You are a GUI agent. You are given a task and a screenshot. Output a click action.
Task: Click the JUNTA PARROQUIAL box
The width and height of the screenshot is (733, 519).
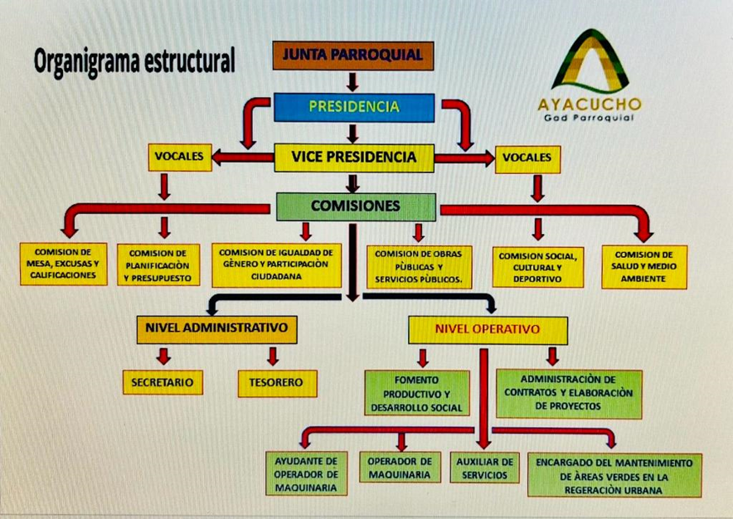point(352,56)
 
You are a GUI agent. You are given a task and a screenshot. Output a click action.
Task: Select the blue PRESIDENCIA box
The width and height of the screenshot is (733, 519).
point(354,106)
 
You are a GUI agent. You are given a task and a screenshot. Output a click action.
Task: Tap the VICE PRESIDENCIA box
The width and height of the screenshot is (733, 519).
point(354,157)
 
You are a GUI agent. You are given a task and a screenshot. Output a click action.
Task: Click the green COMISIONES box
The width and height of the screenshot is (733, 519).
point(355,206)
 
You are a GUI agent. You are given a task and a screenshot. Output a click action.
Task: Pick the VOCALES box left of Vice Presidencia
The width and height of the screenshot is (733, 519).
point(179,157)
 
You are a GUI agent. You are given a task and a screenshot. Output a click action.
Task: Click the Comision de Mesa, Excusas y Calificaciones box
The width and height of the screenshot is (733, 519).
point(64,264)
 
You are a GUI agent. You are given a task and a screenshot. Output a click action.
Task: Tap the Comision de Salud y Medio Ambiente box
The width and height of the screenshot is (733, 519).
point(643,266)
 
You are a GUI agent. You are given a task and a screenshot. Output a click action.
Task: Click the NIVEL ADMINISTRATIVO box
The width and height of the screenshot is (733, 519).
point(216,327)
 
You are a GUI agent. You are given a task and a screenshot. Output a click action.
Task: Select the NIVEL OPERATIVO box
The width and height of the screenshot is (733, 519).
point(488,329)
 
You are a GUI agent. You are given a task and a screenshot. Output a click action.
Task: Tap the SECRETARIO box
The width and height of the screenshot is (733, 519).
point(163,382)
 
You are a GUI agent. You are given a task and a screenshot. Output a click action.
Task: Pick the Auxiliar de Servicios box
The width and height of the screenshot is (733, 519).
point(484,468)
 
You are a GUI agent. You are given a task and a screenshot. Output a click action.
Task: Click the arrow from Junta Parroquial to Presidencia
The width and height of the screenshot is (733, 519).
point(352,81)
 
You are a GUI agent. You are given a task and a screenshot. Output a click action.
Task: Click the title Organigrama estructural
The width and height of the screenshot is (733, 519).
point(135,61)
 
